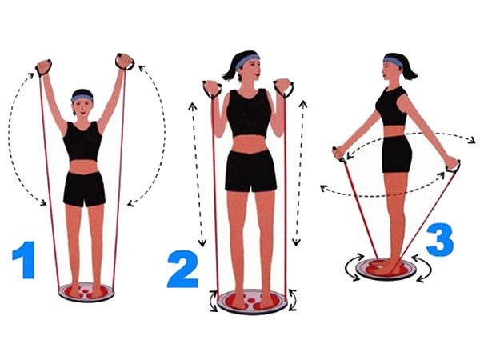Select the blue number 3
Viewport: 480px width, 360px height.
point(439,239)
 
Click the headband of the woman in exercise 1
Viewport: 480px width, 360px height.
point(82,98)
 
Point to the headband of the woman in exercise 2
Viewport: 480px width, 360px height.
point(247,59)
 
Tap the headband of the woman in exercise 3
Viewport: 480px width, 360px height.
point(393,61)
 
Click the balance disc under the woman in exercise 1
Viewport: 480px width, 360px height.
point(86,291)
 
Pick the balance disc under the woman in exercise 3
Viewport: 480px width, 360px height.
point(386,268)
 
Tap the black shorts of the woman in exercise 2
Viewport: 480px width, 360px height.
point(250,170)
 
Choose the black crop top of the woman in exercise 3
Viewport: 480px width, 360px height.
point(392,107)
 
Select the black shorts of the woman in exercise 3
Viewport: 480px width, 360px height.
point(396,154)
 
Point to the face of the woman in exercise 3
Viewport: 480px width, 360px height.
point(390,71)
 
